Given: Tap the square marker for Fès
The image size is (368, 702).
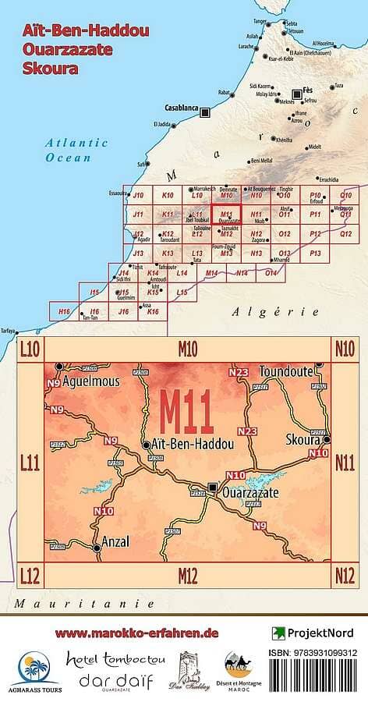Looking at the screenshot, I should coord(296,90).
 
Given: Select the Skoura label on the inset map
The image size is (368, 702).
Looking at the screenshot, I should coord(303,439).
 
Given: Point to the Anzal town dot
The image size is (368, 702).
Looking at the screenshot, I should coord(97,548).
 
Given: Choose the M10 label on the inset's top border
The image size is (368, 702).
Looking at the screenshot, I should coord(188,348).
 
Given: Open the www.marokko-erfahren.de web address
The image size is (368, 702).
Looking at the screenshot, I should coord(136,633).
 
